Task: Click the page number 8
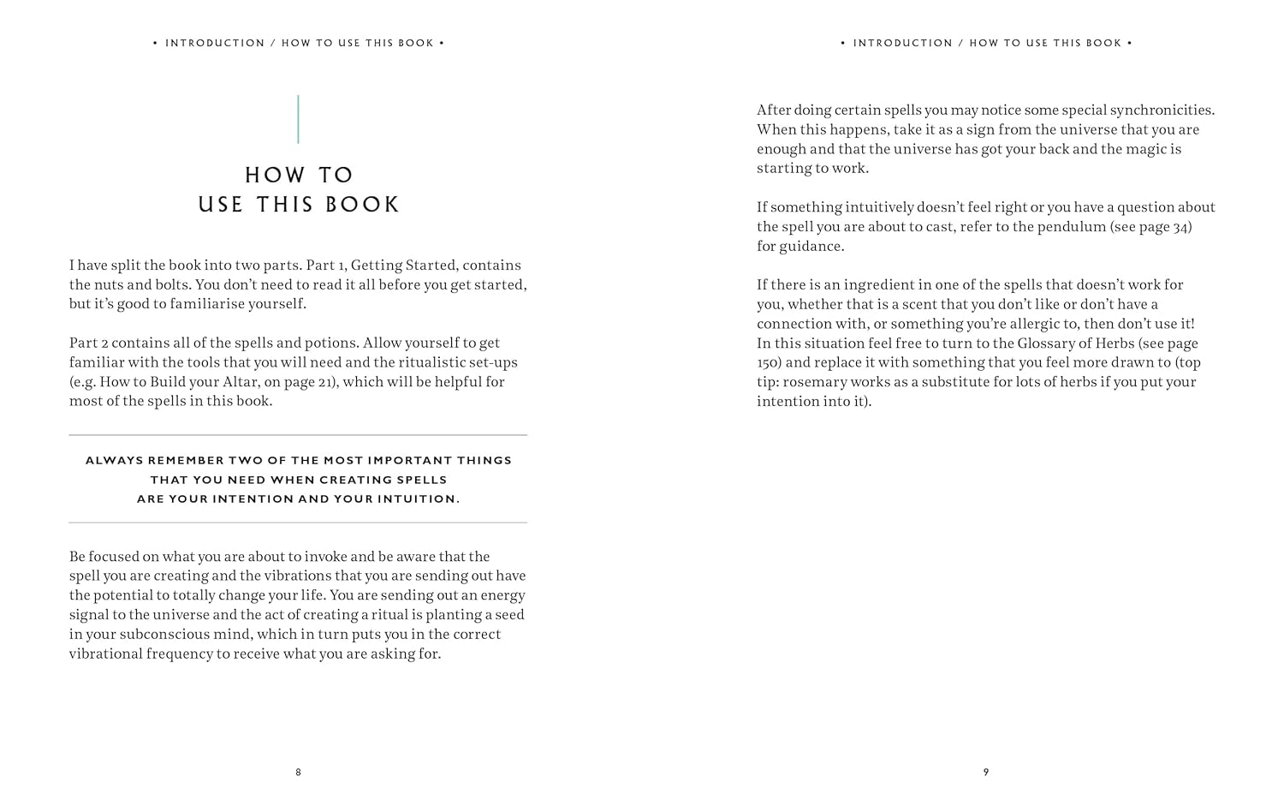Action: pos(298,773)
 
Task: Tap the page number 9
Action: pos(986,773)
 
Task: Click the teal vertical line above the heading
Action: pos(298,119)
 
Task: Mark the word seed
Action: pos(508,615)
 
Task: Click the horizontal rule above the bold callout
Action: pos(298,435)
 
